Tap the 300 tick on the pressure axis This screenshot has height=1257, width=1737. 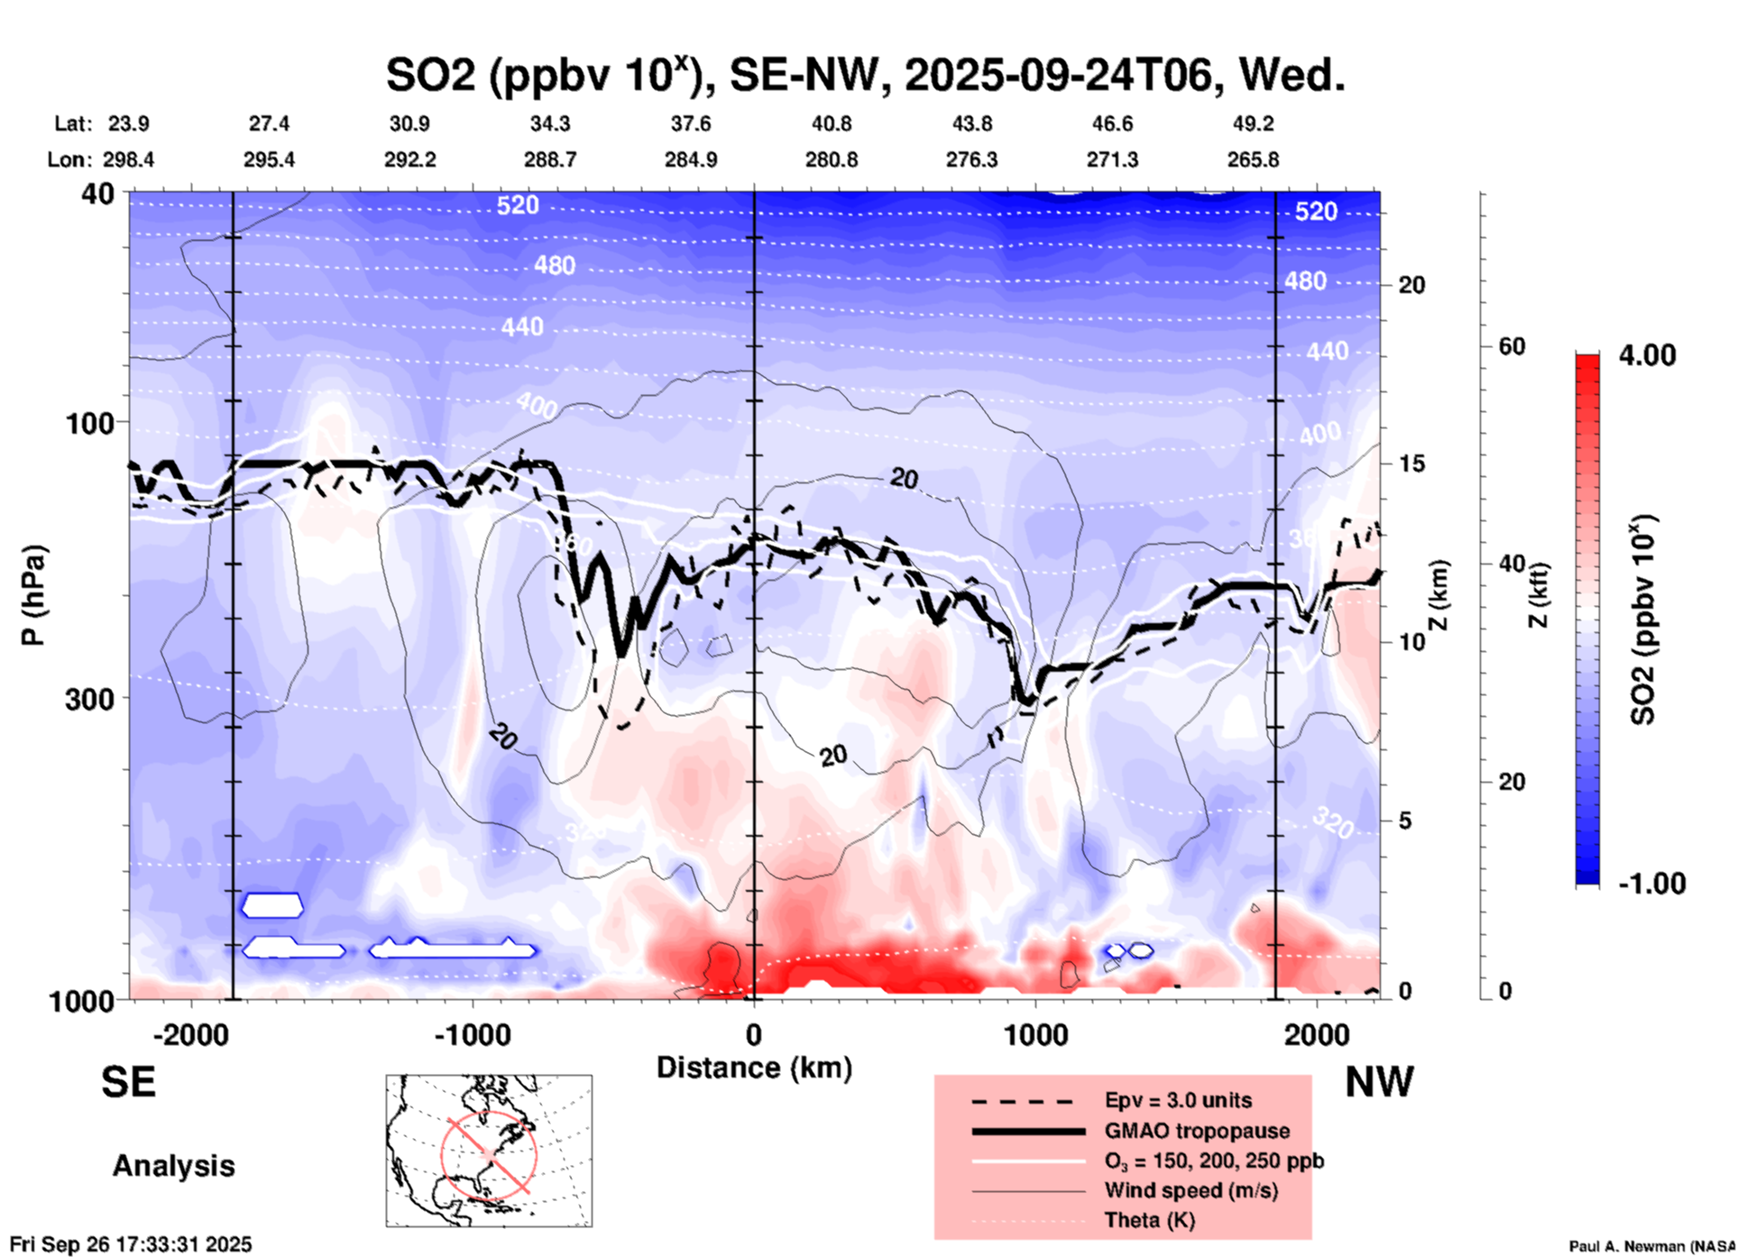(89, 698)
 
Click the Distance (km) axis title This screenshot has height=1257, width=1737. (754, 1068)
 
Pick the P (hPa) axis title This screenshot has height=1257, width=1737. (33, 595)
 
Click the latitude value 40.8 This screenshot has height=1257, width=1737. (831, 124)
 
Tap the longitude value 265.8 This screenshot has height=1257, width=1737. (1253, 160)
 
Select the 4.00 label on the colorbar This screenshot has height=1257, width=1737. (1647, 354)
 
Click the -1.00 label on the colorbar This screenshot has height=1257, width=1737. (1651, 883)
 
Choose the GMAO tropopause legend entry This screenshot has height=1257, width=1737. (1197, 1131)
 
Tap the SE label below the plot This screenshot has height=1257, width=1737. (128, 1082)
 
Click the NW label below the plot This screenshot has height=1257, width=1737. (1379, 1082)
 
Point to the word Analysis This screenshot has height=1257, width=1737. (173, 1166)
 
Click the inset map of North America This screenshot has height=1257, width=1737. (489, 1151)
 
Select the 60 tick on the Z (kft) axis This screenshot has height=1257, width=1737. (1511, 346)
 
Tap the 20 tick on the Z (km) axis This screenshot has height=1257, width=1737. (1411, 285)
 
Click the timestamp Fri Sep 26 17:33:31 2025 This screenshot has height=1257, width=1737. (131, 1244)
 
